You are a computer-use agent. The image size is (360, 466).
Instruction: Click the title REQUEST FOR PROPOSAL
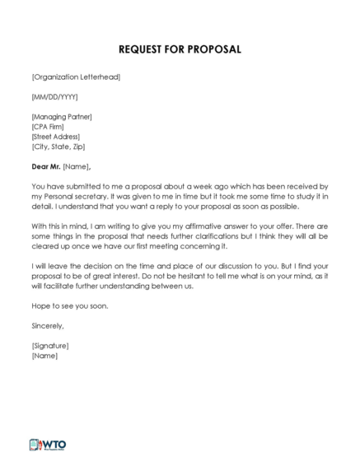[180, 49]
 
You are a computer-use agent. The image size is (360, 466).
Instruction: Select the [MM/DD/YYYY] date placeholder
[54, 97]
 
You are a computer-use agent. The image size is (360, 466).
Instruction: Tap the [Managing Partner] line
[62, 117]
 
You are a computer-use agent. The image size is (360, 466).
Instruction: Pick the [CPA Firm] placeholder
[50, 127]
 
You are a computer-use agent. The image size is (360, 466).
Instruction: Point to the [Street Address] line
[58, 137]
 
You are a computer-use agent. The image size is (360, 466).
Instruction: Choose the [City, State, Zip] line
[61, 147]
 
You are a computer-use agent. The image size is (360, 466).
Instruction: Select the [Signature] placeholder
[50, 346]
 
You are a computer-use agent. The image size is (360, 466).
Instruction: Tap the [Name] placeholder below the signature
[44, 356]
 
